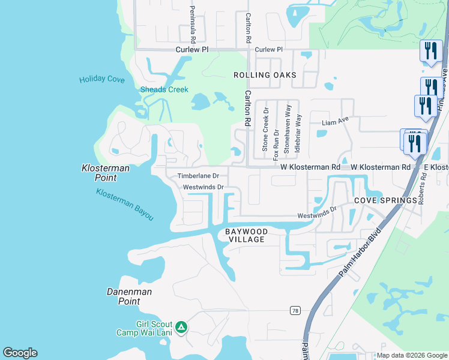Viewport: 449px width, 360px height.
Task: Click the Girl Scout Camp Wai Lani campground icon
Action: pos(182,328)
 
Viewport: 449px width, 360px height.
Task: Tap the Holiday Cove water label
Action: pos(102,79)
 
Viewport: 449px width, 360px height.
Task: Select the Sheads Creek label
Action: pos(164,90)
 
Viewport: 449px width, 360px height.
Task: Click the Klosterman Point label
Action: pos(105,173)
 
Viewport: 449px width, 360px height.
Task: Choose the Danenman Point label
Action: pos(129,296)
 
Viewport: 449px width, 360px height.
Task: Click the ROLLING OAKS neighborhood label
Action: pos(265,75)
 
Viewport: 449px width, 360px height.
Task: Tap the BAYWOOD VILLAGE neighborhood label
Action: pos(245,235)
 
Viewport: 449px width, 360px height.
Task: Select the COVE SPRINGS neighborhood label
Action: pos(385,200)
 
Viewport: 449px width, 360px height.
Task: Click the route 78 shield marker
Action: pos(294,310)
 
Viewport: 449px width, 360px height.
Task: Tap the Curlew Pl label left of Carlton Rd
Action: pos(191,50)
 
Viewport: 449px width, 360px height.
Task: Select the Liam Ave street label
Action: pos(335,122)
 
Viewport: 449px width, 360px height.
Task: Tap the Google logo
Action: pos(20,353)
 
